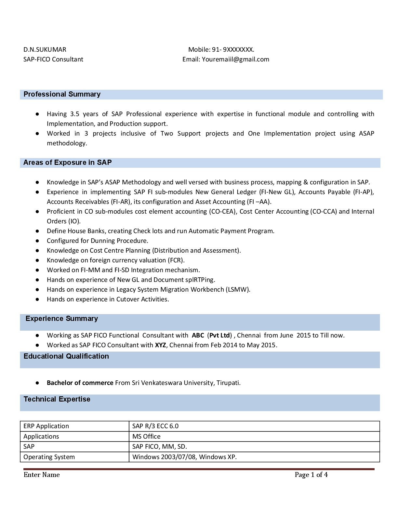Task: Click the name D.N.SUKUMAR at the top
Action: tap(45, 49)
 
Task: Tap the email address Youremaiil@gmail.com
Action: tap(235, 59)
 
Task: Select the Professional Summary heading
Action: tap(62, 94)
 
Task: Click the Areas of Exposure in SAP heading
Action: tap(67, 163)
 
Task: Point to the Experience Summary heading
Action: tap(61, 319)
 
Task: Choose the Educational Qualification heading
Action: tap(66, 356)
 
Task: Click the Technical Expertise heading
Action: tap(57, 399)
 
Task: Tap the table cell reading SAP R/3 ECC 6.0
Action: tap(155, 426)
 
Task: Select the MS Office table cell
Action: tap(146, 436)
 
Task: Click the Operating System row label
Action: tap(49, 457)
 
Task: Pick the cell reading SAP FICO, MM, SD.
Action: tap(160, 446)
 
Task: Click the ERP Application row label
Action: tap(46, 426)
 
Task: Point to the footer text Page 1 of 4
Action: tap(311, 475)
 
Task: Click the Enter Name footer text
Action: tap(42, 475)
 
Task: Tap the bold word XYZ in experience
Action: tap(160, 345)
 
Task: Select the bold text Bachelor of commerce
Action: tap(80, 383)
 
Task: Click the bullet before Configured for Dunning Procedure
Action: tap(38, 241)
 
